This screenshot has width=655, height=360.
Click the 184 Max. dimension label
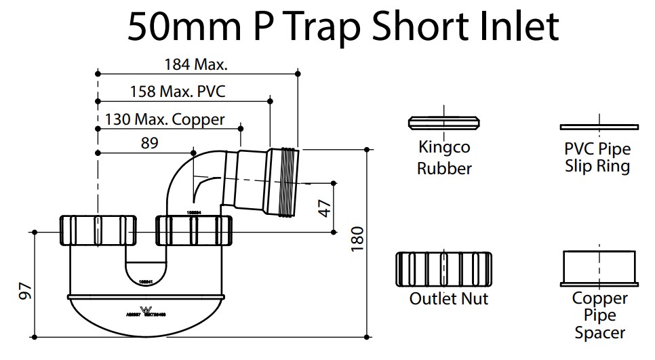pyautogui.click(x=195, y=65)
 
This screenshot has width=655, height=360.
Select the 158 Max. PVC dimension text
pyautogui.click(x=173, y=92)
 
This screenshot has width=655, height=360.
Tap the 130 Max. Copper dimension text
pyautogui.click(x=165, y=120)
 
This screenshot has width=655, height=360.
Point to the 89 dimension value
pyautogui.click(x=149, y=143)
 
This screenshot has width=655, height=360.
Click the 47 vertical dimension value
pyautogui.click(x=325, y=207)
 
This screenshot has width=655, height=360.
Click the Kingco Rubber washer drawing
pyautogui.click(x=444, y=123)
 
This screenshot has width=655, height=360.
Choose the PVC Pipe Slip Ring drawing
pyautogui.click(x=599, y=126)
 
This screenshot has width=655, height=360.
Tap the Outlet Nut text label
pyautogui.click(x=448, y=298)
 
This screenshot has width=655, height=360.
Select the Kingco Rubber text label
pyautogui.click(x=444, y=158)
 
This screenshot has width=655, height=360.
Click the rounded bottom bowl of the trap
pyautogui.click(x=146, y=315)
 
